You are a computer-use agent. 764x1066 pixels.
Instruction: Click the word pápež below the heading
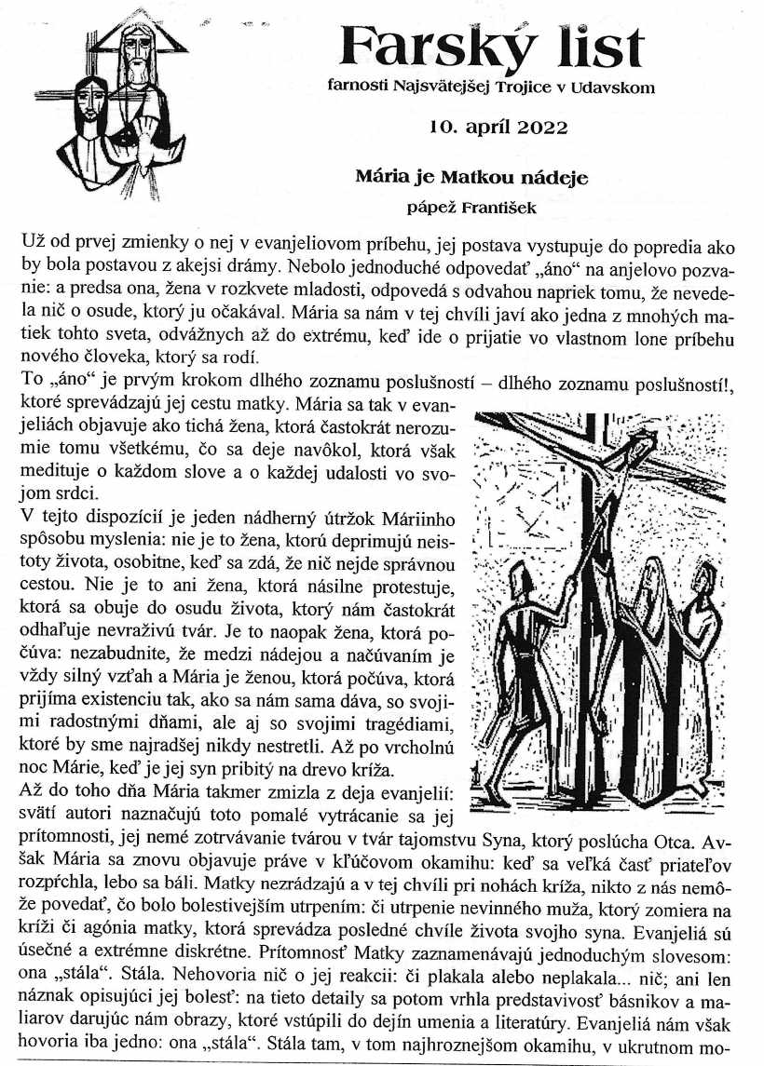point(430,208)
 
